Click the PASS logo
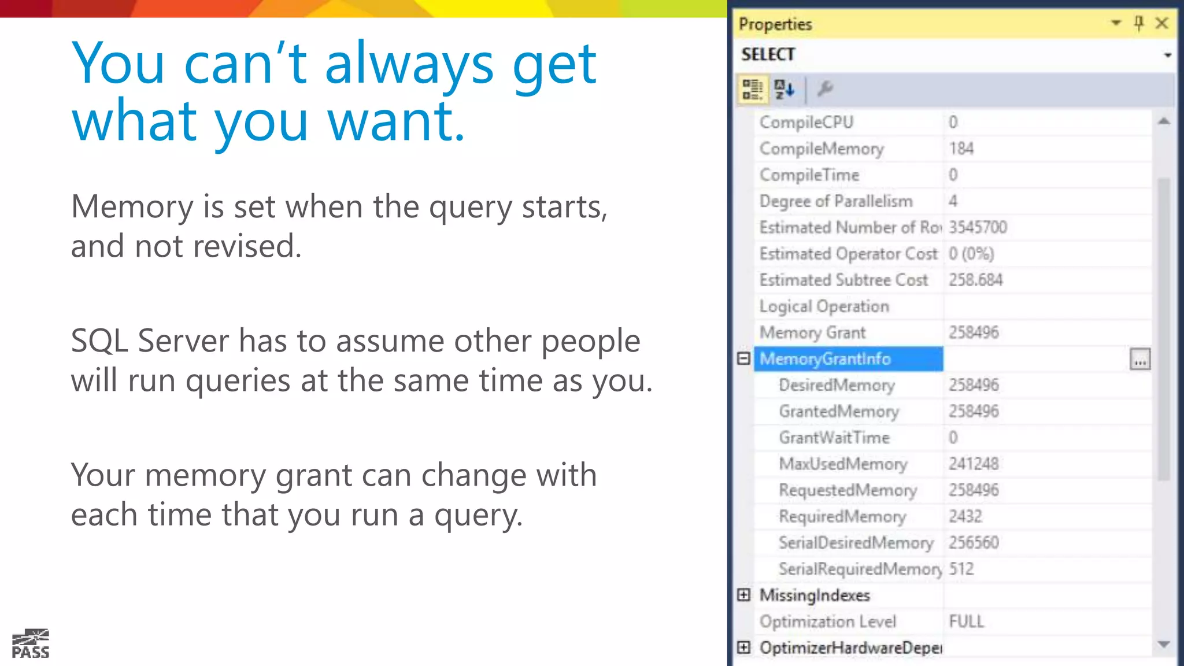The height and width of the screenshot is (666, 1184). click(x=31, y=644)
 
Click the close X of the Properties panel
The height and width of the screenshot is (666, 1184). click(x=1161, y=23)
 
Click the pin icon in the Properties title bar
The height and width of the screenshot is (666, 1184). click(x=1138, y=23)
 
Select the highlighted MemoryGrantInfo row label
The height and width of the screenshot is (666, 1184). click(x=825, y=359)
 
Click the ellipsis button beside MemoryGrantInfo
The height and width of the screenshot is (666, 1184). click(x=1139, y=360)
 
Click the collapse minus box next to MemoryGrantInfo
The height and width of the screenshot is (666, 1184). click(x=743, y=358)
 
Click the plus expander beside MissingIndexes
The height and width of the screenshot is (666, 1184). click(x=743, y=595)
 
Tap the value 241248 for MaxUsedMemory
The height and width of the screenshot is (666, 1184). click(x=974, y=464)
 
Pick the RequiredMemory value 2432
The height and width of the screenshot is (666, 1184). click(x=965, y=516)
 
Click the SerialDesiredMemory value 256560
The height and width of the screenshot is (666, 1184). click(x=974, y=543)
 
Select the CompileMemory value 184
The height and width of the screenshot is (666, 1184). click(x=961, y=149)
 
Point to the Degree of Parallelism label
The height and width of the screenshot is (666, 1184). click(x=835, y=201)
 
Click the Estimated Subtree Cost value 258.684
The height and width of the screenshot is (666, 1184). click(x=975, y=280)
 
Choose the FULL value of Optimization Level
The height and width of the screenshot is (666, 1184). click(x=966, y=621)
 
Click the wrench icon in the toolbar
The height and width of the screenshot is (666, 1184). click(x=824, y=89)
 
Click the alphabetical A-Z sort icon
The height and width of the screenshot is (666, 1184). click(x=785, y=90)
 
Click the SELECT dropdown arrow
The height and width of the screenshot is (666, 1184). click(x=1167, y=55)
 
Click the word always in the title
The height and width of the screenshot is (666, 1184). click(x=409, y=64)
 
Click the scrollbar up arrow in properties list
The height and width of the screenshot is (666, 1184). click(x=1164, y=121)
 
